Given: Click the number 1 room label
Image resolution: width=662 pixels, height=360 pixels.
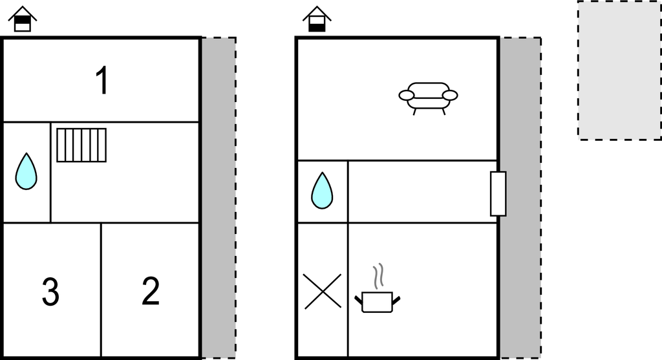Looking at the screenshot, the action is [x=102, y=80].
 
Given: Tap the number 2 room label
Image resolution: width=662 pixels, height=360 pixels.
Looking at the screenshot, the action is [x=151, y=291].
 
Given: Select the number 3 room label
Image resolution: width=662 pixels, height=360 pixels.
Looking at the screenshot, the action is [x=50, y=291].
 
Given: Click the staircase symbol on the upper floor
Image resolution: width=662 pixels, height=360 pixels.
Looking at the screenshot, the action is [x=81, y=145].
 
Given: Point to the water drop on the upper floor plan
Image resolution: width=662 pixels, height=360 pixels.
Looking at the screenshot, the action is [x=26, y=171].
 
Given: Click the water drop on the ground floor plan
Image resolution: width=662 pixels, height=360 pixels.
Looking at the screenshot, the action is [x=322, y=190].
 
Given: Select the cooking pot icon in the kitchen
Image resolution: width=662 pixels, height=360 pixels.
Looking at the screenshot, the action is [x=378, y=302].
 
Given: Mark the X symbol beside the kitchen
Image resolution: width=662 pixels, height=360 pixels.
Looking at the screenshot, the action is [x=323, y=291].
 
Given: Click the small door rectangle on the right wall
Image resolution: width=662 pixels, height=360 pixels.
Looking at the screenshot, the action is [x=498, y=194].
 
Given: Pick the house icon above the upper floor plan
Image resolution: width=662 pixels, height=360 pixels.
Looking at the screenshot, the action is [x=23, y=19].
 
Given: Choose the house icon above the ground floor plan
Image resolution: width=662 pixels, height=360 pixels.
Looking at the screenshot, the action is [x=317, y=19].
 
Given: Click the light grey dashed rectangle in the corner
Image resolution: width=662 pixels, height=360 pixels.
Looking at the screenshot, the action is [x=619, y=70].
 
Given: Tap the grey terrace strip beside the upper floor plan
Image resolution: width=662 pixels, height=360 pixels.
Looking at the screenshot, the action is [x=219, y=198].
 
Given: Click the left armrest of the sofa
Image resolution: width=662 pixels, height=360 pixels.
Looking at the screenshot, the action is [x=407, y=96].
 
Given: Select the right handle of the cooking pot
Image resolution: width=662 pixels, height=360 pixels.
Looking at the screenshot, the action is [x=396, y=301].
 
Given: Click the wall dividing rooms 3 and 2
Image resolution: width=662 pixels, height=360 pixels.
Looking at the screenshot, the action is [x=101, y=290].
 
